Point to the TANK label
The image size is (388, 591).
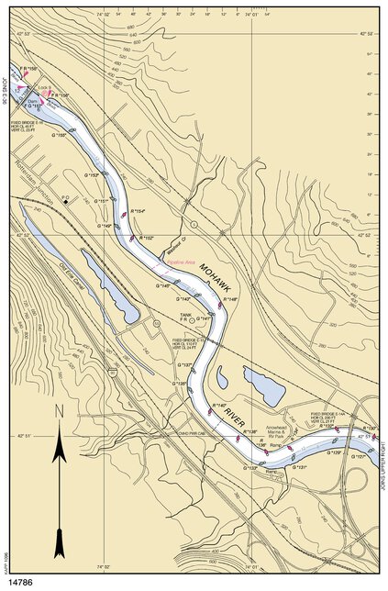pos(184,316)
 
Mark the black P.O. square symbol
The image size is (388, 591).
pos(65,202)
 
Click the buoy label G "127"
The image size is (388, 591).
pos(359,454)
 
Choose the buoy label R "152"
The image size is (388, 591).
pos(146,238)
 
